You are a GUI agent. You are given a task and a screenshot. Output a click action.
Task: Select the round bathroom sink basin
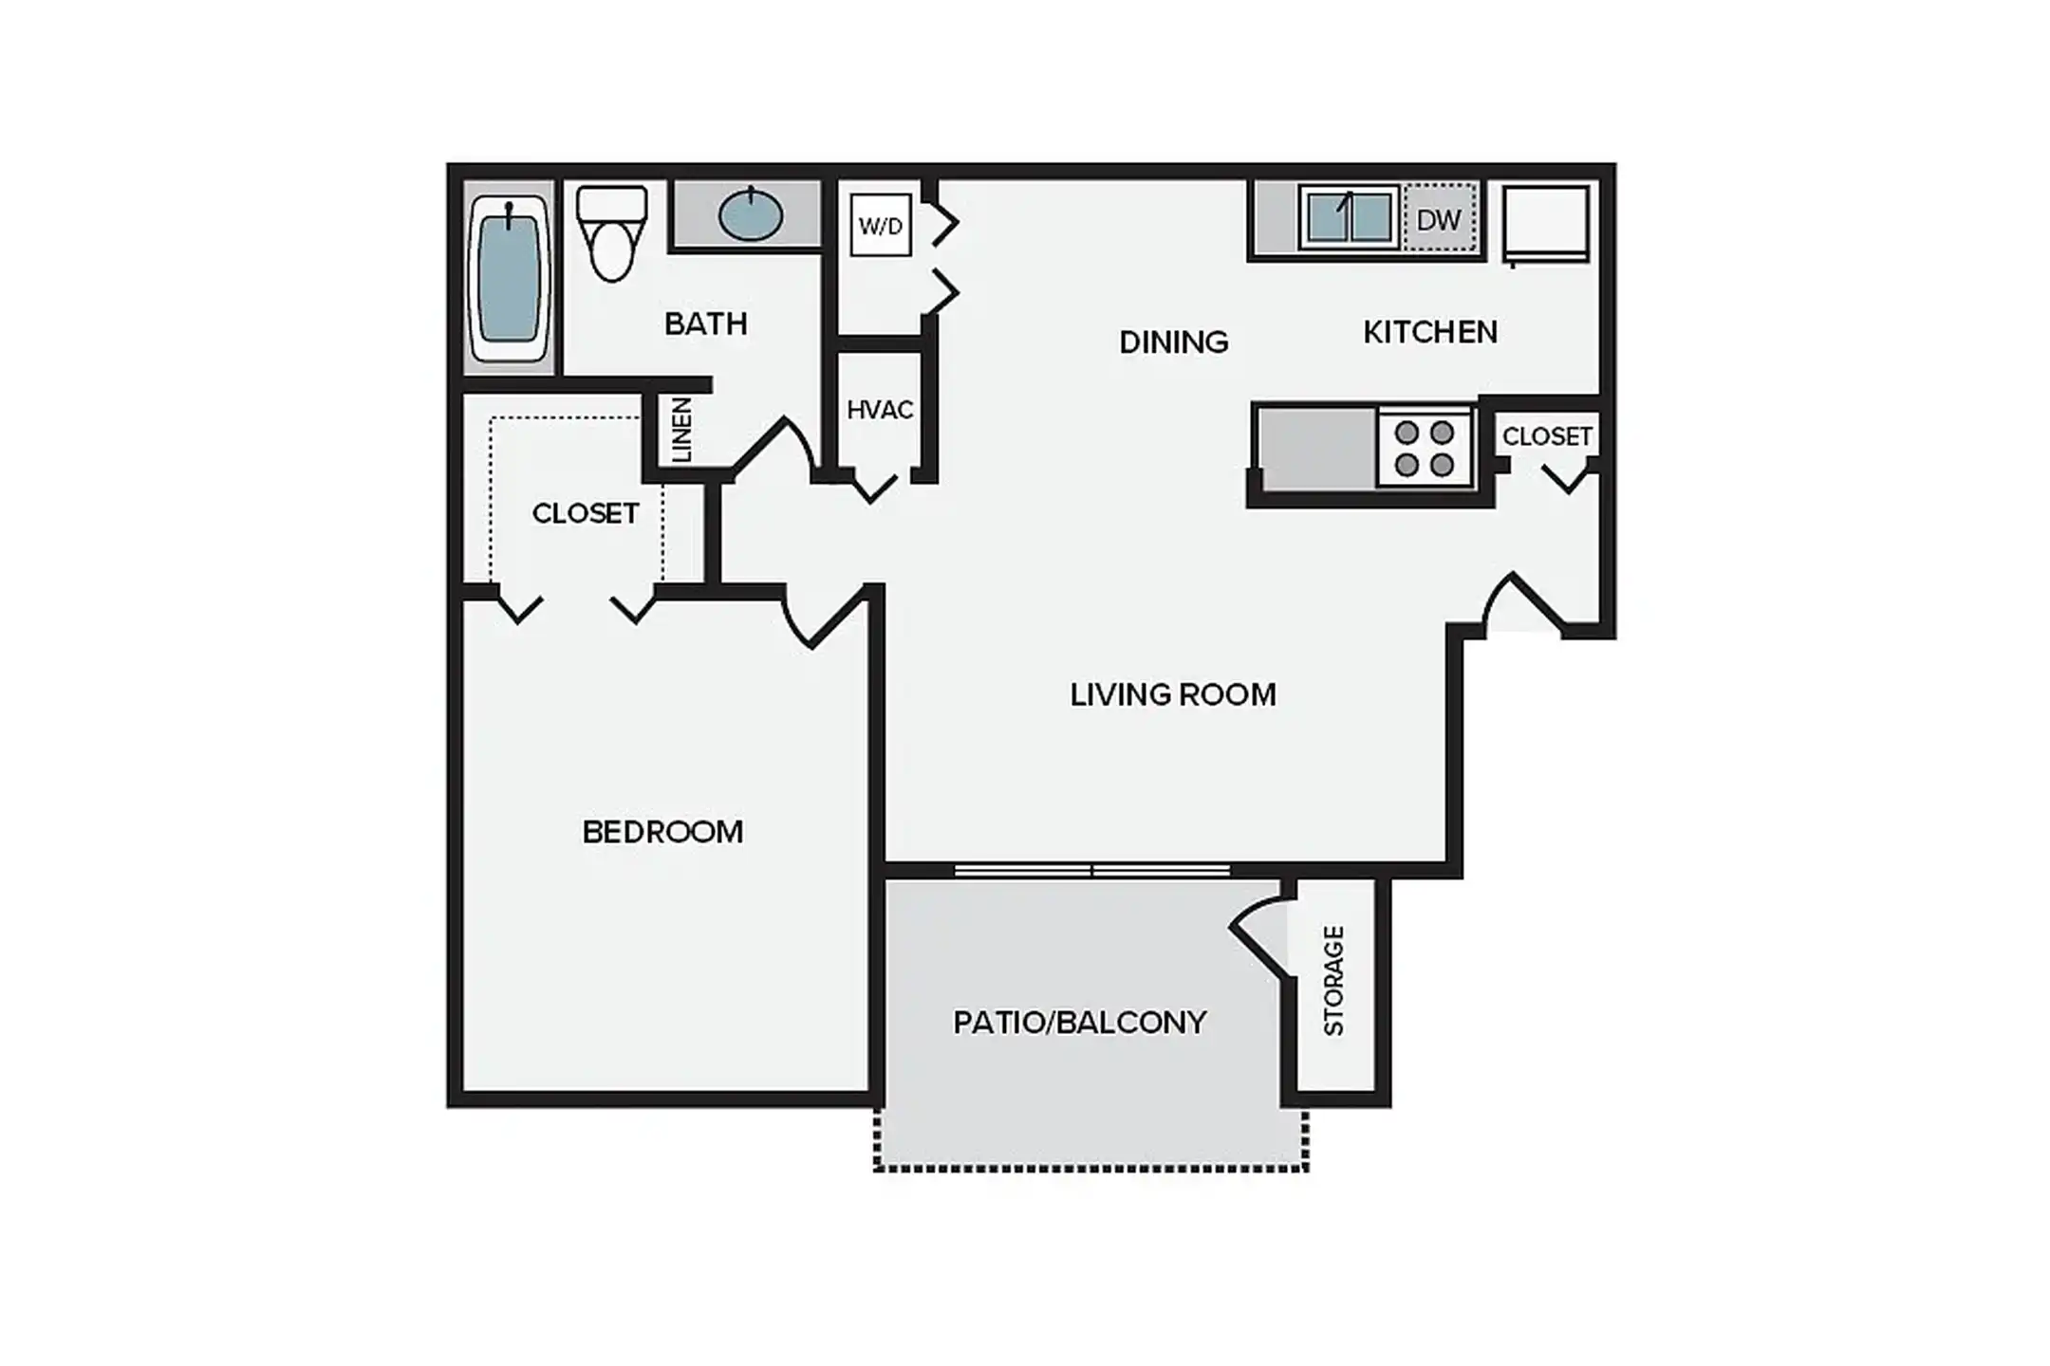[751, 215]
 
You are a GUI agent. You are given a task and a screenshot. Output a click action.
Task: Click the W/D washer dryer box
[881, 226]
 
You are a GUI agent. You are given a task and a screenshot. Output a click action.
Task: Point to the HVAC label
[880, 410]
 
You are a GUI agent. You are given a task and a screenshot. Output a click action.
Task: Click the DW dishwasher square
[1439, 220]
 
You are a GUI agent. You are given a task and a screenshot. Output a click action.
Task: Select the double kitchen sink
[1349, 217]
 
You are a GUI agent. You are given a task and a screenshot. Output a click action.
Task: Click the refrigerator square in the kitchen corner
[1546, 224]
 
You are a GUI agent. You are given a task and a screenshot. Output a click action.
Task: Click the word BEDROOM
[662, 832]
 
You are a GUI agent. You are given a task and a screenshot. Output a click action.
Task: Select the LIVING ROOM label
[1173, 694]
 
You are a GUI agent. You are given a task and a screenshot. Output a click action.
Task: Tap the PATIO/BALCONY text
[1080, 1022]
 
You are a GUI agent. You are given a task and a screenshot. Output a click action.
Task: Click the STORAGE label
[1333, 981]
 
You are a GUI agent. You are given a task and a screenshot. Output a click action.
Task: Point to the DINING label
[1174, 341]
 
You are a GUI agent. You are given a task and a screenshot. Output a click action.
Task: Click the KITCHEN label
[1430, 332]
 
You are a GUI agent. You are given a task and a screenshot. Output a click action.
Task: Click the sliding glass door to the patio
[1091, 870]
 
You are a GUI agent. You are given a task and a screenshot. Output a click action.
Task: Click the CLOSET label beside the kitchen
[1547, 436]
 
